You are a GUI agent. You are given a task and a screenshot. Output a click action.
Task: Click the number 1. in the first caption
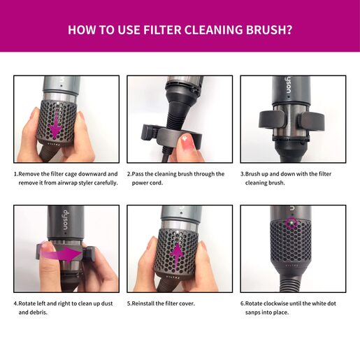click(16, 174)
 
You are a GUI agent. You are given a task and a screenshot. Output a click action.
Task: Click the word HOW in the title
click(81, 31)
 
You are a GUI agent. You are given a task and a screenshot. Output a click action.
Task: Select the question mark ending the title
click(289, 31)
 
